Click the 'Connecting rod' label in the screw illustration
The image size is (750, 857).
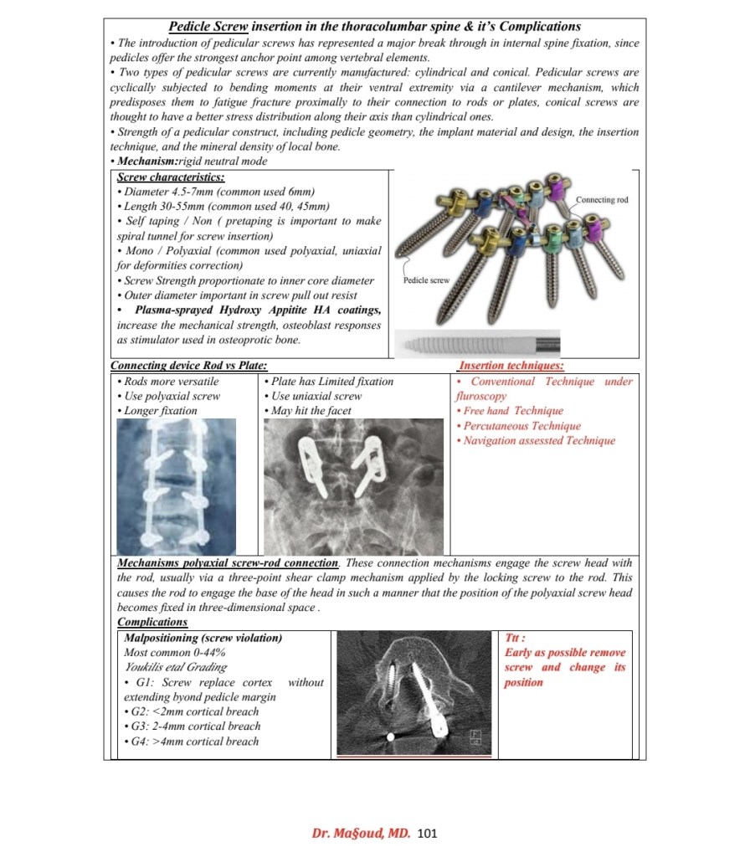pos(602,200)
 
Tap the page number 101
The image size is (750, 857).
pos(427,833)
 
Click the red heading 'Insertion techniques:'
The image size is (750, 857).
pos(511,366)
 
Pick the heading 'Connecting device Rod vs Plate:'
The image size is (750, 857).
pos(189,366)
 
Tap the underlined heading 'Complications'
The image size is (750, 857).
pos(152,622)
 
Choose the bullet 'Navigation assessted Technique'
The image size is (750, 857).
pos(538,441)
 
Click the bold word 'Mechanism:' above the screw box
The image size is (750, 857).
pos(148,161)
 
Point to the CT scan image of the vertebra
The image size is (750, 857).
pos(413,694)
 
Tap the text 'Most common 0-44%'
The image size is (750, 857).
pos(174,652)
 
